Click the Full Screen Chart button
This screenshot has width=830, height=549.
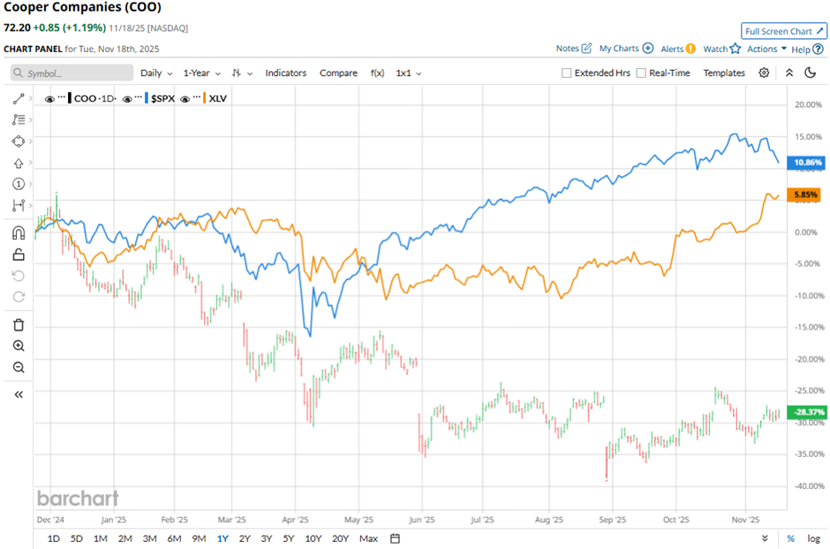tap(784, 31)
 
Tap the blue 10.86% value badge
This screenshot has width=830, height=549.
tap(808, 163)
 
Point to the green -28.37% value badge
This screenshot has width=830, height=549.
tap(808, 412)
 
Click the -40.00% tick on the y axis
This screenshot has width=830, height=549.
tap(808, 486)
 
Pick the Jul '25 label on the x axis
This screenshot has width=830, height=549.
tap(482, 521)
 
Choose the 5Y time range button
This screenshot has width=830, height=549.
tap(289, 538)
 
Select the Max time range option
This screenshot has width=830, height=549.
tap(368, 538)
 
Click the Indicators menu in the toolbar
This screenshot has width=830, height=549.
tap(286, 73)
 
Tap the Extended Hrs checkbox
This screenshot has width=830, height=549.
tap(567, 73)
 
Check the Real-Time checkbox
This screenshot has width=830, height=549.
tap(641, 73)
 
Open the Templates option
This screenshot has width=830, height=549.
tap(724, 73)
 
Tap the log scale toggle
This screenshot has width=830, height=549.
tap(812, 538)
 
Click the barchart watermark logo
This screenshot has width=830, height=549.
tap(78, 498)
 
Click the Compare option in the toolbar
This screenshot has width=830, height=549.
tap(338, 73)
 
